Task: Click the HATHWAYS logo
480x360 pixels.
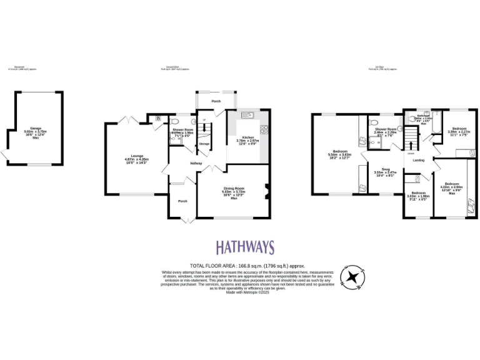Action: (x=245, y=247)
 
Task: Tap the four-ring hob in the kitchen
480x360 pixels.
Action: (x=264, y=130)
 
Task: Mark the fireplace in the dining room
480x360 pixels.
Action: (x=267, y=191)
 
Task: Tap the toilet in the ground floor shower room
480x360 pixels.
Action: (x=176, y=122)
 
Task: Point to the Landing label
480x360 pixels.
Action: (x=419, y=160)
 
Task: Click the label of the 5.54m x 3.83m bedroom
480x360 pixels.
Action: (x=341, y=151)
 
